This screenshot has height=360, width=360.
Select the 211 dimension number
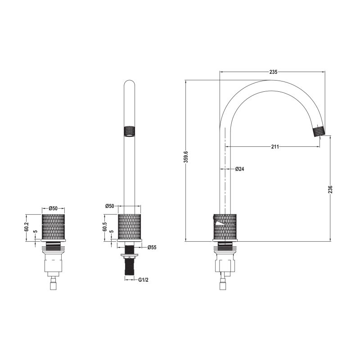coord(275,147)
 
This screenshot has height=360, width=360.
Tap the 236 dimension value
coord(330,189)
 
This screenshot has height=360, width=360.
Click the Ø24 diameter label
coord(240,169)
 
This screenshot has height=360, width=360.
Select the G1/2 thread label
coord(143,280)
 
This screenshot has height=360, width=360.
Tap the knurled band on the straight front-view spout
coord(129,131)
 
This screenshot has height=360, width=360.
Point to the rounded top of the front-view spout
coord(129,84)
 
